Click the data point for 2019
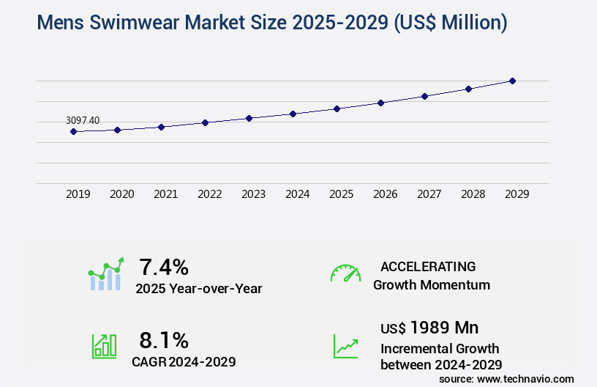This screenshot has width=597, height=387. [x=73, y=132]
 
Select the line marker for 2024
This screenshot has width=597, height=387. [x=293, y=114]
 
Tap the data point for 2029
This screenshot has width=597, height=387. [x=512, y=81]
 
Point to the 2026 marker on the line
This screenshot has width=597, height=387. [x=380, y=103]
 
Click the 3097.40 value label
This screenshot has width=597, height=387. [x=83, y=120]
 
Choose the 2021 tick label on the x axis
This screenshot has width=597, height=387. [x=165, y=194]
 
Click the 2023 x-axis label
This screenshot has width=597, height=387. [x=253, y=194]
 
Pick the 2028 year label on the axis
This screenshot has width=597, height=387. [x=473, y=194]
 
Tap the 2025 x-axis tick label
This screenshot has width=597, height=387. [x=341, y=194]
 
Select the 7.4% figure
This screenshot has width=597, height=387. [x=164, y=267]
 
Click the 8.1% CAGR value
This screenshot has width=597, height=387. [x=164, y=340]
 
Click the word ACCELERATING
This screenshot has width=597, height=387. [x=428, y=267]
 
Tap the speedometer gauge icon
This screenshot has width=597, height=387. [x=345, y=273]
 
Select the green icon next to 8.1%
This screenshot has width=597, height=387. [x=103, y=346]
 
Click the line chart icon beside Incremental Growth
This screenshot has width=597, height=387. [x=345, y=346]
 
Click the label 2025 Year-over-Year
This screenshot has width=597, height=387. [x=198, y=289]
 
